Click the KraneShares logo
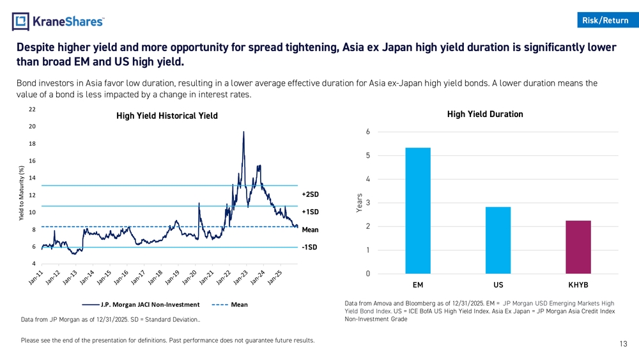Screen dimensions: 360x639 point(58,22)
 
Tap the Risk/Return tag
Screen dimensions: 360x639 point(605,20)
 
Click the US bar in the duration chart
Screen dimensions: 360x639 point(498,240)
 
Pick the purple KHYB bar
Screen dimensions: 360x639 point(578,247)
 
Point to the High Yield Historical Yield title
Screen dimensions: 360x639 point(167,116)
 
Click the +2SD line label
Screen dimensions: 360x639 point(310,194)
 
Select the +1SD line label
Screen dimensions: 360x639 point(310,212)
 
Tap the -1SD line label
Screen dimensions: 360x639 point(310,247)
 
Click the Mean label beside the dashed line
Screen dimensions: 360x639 point(311,230)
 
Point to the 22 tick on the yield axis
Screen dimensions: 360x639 point(32,109)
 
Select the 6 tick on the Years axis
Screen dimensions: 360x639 point(367,132)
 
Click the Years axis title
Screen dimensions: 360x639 point(360,203)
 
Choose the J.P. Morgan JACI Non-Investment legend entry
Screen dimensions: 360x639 point(150,304)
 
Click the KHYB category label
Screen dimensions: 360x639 point(578,285)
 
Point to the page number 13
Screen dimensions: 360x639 point(623,344)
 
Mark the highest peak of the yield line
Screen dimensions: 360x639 point(244,132)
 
